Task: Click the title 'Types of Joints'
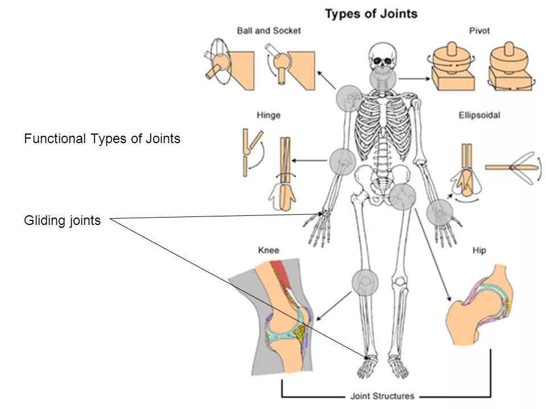[371, 14]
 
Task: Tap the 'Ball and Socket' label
[268, 31]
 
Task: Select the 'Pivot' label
[479, 31]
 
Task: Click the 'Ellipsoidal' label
[479, 115]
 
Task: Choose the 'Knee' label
[268, 251]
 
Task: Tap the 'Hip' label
[479, 251]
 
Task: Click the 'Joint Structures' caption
[382, 396]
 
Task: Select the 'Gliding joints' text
[62, 221]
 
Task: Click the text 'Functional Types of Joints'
[102, 139]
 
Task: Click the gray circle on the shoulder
[350, 98]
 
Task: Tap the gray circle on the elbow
[343, 161]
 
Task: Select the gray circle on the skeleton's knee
[365, 282]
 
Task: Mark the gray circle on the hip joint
[403, 197]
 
